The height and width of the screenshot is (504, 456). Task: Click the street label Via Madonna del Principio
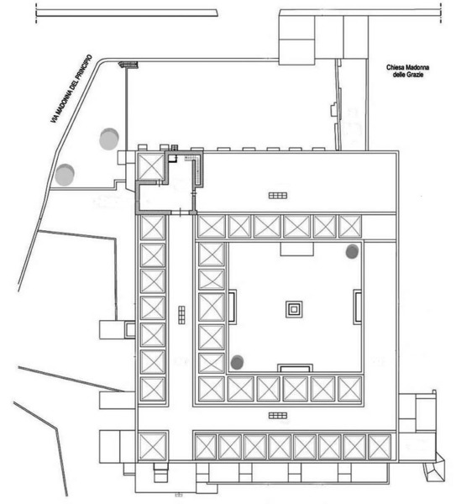(x=71, y=89)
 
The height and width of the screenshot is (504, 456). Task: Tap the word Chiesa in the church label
(x=395, y=67)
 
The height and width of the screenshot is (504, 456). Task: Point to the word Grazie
(x=415, y=75)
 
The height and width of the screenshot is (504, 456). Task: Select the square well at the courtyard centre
(x=294, y=309)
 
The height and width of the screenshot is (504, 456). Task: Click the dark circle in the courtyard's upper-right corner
(x=352, y=251)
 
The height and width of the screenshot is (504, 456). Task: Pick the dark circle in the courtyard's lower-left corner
(x=237, y=362)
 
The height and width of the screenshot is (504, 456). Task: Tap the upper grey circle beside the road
(x=109, y=139)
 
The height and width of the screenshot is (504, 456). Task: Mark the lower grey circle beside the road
(x=65, y=175)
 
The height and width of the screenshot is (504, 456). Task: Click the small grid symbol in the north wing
(x=278, y=196)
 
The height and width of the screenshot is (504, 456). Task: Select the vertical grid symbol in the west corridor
(x=181, y=315)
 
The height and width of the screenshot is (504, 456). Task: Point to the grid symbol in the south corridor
(x=278, y=416)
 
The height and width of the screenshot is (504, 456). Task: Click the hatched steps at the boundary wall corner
(x=128, y=65)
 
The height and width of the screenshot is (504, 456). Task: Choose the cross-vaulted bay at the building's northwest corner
(x=150, y=166)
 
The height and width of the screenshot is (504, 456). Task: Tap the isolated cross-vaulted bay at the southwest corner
(x=153, y=447)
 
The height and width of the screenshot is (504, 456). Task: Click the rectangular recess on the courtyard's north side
(x=296, y=249)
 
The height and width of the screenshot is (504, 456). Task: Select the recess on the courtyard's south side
(x=295, y=369)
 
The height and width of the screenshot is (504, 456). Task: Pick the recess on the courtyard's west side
(x=232, y=307)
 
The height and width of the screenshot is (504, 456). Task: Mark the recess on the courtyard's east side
(x=358, y=307)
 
